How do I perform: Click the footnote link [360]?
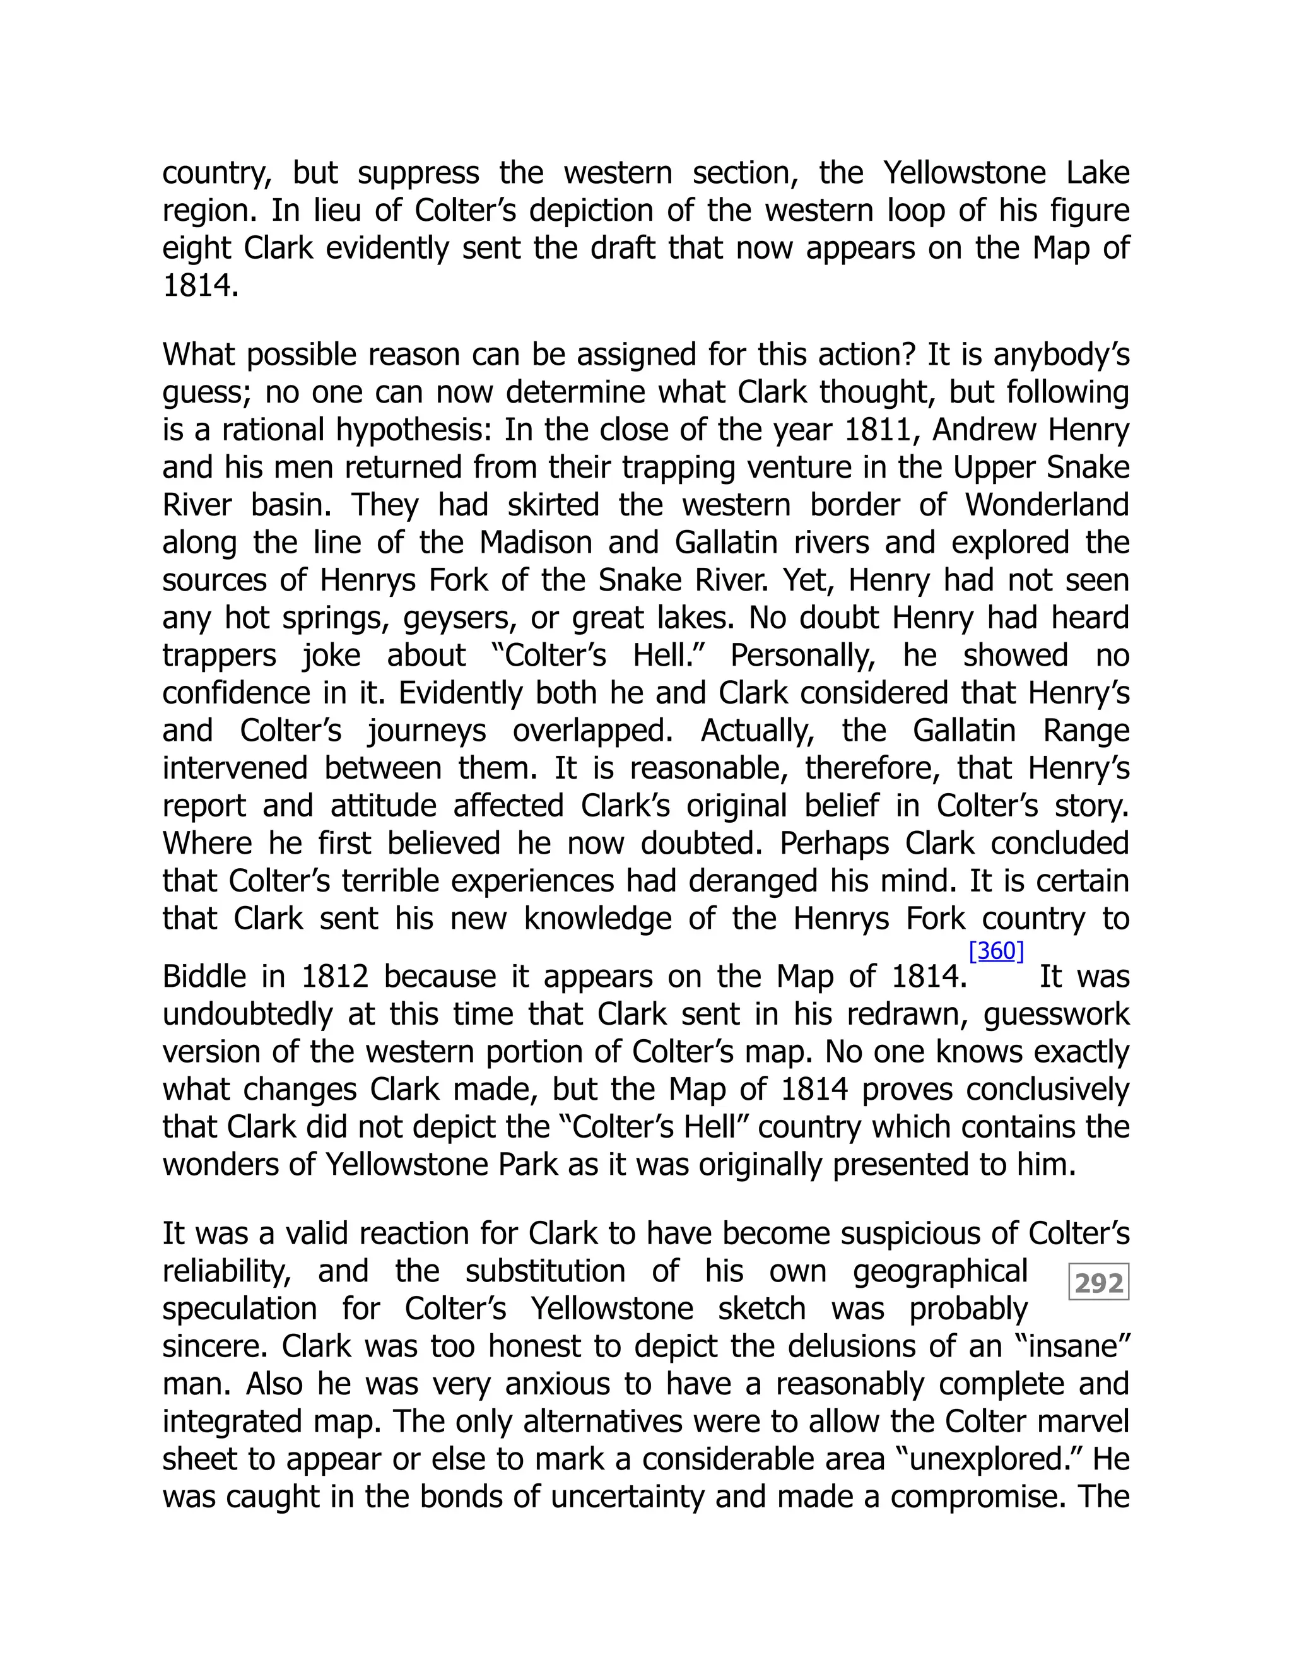click(x=995, y=951)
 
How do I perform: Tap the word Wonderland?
click(x=1047, y=505)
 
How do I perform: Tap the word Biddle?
click(x=205, y=977)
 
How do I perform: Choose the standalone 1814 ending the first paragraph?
click(x=201, y=286)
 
